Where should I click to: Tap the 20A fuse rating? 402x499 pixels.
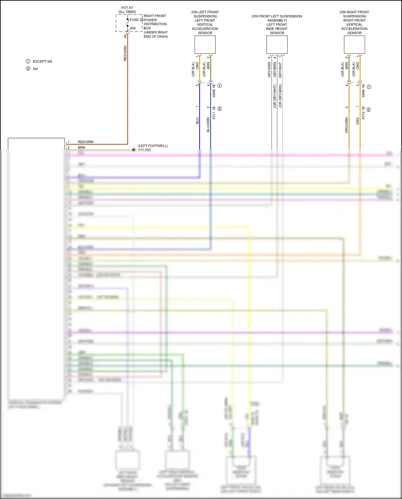coord(133,28)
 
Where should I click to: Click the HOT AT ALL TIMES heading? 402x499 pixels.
coord(127,10)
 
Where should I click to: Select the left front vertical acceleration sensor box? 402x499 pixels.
coord(205,45)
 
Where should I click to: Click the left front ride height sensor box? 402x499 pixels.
coord(277,45)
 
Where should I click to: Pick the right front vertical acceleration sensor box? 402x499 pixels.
coord(354,45)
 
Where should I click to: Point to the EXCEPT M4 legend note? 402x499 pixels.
coord(42,61)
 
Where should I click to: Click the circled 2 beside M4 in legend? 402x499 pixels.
coord(28,69)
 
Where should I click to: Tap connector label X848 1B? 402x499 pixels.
coord(214,91)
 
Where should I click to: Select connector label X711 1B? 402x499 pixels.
coord(214,113)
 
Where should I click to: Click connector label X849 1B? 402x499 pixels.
coord(363,91)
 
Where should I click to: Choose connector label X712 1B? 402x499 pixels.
coord(363,113)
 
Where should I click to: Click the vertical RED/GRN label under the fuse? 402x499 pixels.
coord(125,53)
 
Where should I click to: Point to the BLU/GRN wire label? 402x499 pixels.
coord(208,125)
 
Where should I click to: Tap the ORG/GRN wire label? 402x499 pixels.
coord(347,125)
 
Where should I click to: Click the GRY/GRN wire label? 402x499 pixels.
coord(269,70)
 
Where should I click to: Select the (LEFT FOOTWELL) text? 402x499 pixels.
coord(153,146)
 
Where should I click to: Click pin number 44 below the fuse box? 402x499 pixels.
coord(125,36)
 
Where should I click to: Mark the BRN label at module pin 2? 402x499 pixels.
coord(81,147)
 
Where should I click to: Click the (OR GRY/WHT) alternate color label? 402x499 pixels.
coord(275,96)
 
